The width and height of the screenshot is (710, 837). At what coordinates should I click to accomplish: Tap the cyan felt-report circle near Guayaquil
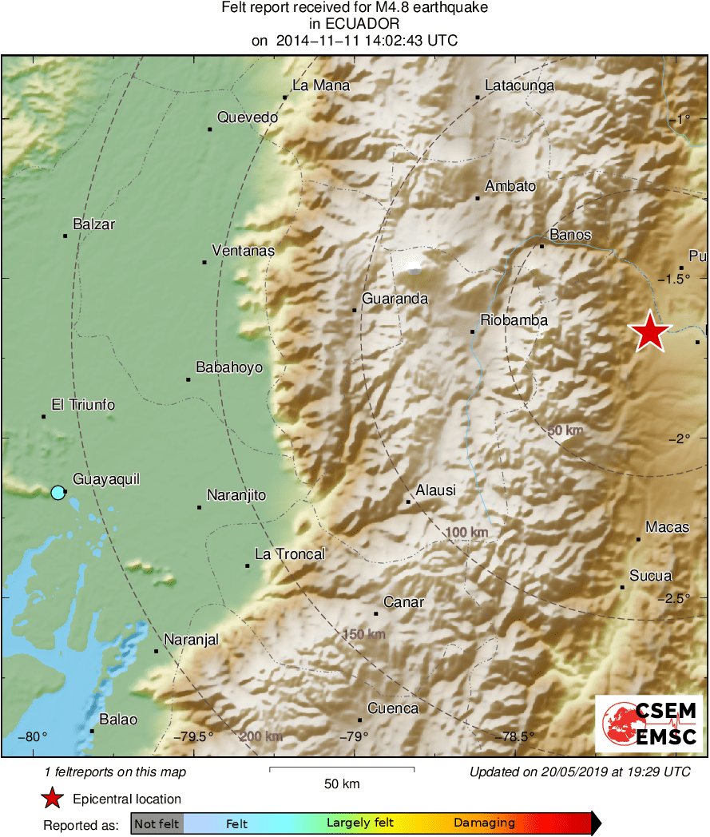58,492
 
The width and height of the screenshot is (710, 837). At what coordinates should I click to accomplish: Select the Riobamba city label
514,320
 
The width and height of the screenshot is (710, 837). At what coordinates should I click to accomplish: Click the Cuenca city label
393,708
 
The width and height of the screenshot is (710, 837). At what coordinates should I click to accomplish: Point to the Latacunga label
520,86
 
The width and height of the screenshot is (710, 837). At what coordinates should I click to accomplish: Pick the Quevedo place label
248,117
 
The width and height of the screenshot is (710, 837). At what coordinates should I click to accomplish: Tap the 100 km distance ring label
467,533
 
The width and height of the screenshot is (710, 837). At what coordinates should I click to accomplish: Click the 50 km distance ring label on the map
565,430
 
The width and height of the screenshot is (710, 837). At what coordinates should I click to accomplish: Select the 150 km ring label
364,634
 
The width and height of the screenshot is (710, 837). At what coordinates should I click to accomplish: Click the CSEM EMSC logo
649,723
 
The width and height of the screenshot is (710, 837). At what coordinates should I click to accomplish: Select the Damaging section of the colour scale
484,823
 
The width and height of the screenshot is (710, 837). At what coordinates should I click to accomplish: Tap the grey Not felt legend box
157,823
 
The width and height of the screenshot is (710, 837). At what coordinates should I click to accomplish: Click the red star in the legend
53,798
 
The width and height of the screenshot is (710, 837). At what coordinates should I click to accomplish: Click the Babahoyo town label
229,367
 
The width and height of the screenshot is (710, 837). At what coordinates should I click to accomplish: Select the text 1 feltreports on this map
115,772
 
